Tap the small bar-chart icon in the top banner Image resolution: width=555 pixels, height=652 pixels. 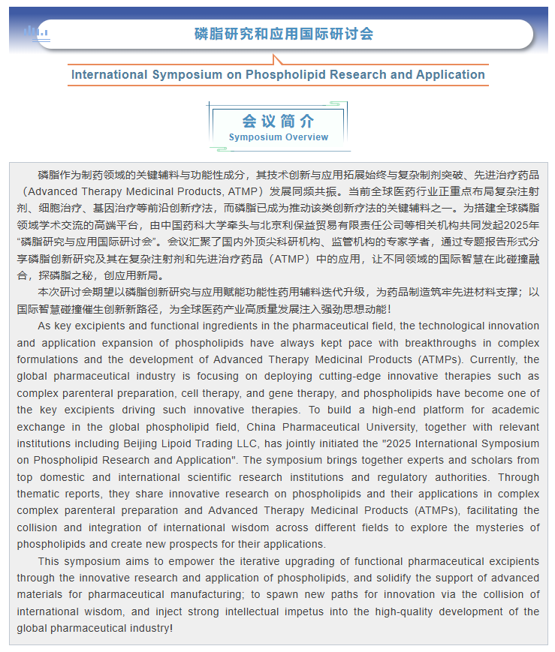coord(35,32)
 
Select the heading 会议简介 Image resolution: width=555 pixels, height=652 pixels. coord(278,122)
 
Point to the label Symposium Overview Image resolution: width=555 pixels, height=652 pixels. coord(278,137)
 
